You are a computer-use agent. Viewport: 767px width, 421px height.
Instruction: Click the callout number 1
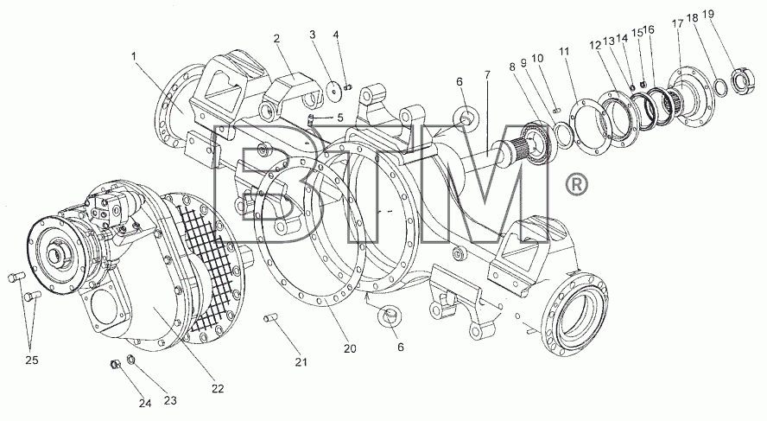[x=134, y=56]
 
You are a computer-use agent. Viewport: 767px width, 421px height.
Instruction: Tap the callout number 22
[x=218, y=389]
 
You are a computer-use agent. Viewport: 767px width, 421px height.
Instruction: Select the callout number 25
[x=32, y=360]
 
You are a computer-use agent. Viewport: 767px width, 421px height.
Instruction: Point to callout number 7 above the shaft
[x=486, y=75]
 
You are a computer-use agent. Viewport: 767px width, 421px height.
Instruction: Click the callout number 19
[x=707, y=14]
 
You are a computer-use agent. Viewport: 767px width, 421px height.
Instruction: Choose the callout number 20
[x=350, y=348]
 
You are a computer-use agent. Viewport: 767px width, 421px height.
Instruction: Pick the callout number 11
[x=565, y=51]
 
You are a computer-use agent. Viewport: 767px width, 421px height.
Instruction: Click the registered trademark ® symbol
[x=576, y=184]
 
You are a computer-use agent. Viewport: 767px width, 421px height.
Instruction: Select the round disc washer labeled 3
[x=335, y=91]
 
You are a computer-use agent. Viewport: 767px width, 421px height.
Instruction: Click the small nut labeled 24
[x=116, y=365]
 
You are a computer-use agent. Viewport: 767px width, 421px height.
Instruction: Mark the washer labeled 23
[x=130, y=360]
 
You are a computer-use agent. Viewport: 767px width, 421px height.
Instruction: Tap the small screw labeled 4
[x=349, y=88]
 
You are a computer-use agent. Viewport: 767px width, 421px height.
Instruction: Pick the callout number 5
[x=340, y=118]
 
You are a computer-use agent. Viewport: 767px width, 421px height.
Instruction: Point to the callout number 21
[x=301, y=362]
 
